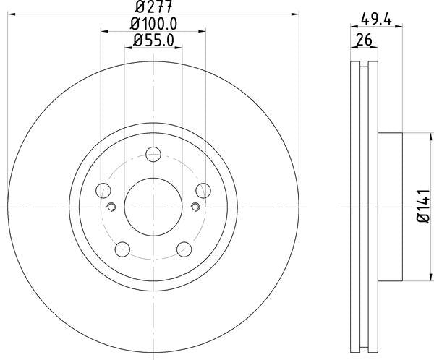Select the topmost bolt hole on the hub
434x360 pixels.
pyautogui.click(x=153, y=154)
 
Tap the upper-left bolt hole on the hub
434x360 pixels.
pyautogui.click(x=103, y=191)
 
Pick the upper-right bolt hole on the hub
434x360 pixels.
pyautogui.click(x=203, y=191)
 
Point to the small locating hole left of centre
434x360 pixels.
pyautogui.click(x=111, y=207)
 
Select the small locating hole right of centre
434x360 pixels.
pyautogui.click(x=195, y=207)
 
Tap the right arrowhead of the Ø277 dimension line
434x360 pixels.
pyautogui.click(x=295, y=14)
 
